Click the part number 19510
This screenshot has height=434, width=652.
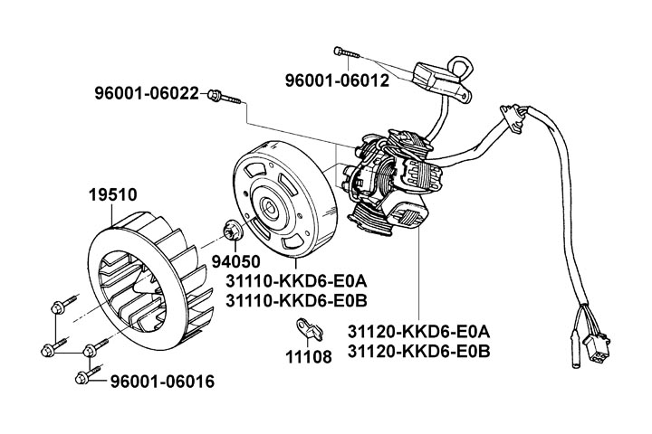112,193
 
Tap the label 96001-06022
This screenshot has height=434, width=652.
147,93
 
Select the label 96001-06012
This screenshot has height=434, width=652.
337,80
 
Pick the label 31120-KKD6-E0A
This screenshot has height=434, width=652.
417,330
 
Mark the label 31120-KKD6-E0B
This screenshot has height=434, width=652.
417,350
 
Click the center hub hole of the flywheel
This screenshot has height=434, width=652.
272,207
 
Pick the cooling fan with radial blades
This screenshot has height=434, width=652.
149,277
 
